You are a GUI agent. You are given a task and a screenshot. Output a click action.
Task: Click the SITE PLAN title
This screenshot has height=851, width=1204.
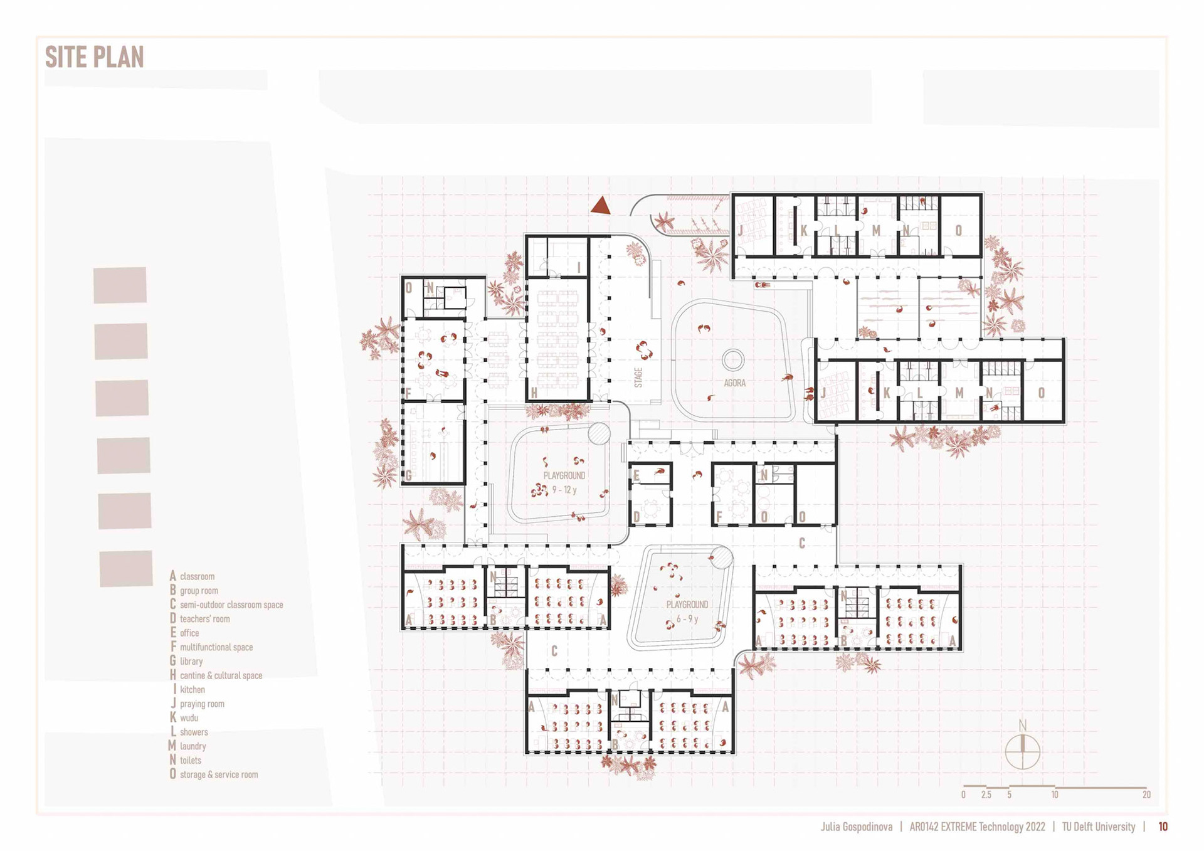point(94,57)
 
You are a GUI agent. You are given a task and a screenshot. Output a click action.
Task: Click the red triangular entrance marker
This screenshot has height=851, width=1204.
point(601,206)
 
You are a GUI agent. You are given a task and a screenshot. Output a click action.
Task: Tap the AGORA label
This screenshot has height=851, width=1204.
point(735,383)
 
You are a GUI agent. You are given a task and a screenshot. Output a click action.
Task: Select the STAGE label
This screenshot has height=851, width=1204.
point(638,378)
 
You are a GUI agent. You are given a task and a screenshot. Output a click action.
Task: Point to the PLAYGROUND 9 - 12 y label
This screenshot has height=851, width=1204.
point(564,482)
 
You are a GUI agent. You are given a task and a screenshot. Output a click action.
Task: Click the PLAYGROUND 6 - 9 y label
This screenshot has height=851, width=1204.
point(687,611)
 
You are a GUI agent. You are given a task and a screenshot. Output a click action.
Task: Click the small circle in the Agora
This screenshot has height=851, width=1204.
point(733,360)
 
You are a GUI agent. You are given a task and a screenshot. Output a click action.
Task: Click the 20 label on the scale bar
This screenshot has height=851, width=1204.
point(1146,795)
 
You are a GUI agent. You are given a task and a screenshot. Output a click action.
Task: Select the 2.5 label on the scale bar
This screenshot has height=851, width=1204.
point(986,795)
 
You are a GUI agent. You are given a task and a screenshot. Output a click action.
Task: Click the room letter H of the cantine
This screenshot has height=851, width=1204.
point(534,393)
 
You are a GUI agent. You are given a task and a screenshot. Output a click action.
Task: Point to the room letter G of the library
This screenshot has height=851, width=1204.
point(409,475)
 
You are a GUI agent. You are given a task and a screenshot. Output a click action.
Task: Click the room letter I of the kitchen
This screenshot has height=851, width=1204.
point(579,268)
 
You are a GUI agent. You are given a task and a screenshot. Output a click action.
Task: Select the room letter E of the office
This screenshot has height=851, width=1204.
point(636,475)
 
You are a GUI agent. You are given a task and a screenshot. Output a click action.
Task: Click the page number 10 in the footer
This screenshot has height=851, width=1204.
point(1163,827)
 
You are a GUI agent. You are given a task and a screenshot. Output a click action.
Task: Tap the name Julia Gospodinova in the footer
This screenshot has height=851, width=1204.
point(857,827)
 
